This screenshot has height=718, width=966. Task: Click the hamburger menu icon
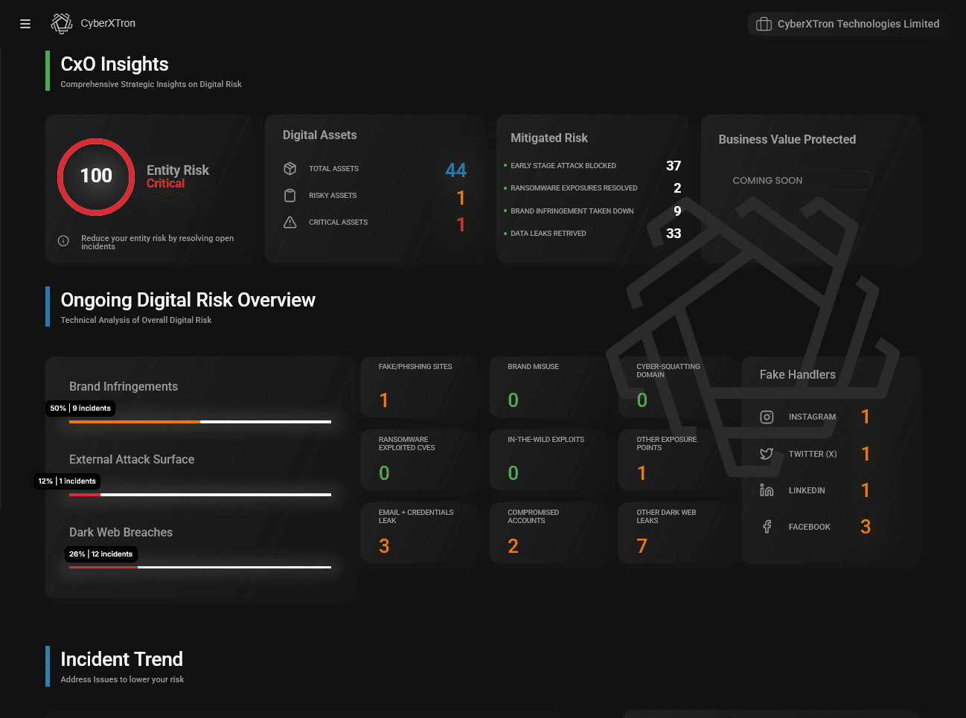click(25, 24)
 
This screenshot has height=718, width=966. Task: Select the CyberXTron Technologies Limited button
click(848, 24)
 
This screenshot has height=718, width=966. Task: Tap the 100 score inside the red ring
click(96, 176)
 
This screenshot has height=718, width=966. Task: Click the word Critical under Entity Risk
click(165, 184)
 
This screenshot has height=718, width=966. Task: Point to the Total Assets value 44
click(455, 170)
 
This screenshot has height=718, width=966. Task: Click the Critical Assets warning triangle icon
click(290, 222)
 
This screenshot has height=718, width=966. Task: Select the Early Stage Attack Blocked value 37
click(673, 166)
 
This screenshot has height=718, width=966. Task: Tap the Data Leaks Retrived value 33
click(673, 234)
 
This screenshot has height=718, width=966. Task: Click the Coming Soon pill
click(801, 181)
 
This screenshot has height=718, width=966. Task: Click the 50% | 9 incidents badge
click(80, 408)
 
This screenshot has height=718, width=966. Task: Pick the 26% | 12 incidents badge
click(100, 554)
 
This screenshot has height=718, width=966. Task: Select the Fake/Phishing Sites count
click(384, 400)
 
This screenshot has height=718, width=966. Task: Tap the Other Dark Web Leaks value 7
click(642, 546)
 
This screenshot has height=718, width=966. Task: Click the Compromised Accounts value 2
click(513, 546)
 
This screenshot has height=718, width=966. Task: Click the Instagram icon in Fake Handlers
click(767, 417)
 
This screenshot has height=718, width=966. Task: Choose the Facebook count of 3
click(865, 527)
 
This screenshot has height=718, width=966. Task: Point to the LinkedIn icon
click(767, 490)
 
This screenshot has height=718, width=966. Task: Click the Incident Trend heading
click(121, 659)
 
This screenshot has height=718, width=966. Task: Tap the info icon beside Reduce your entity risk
click(63, 241)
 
